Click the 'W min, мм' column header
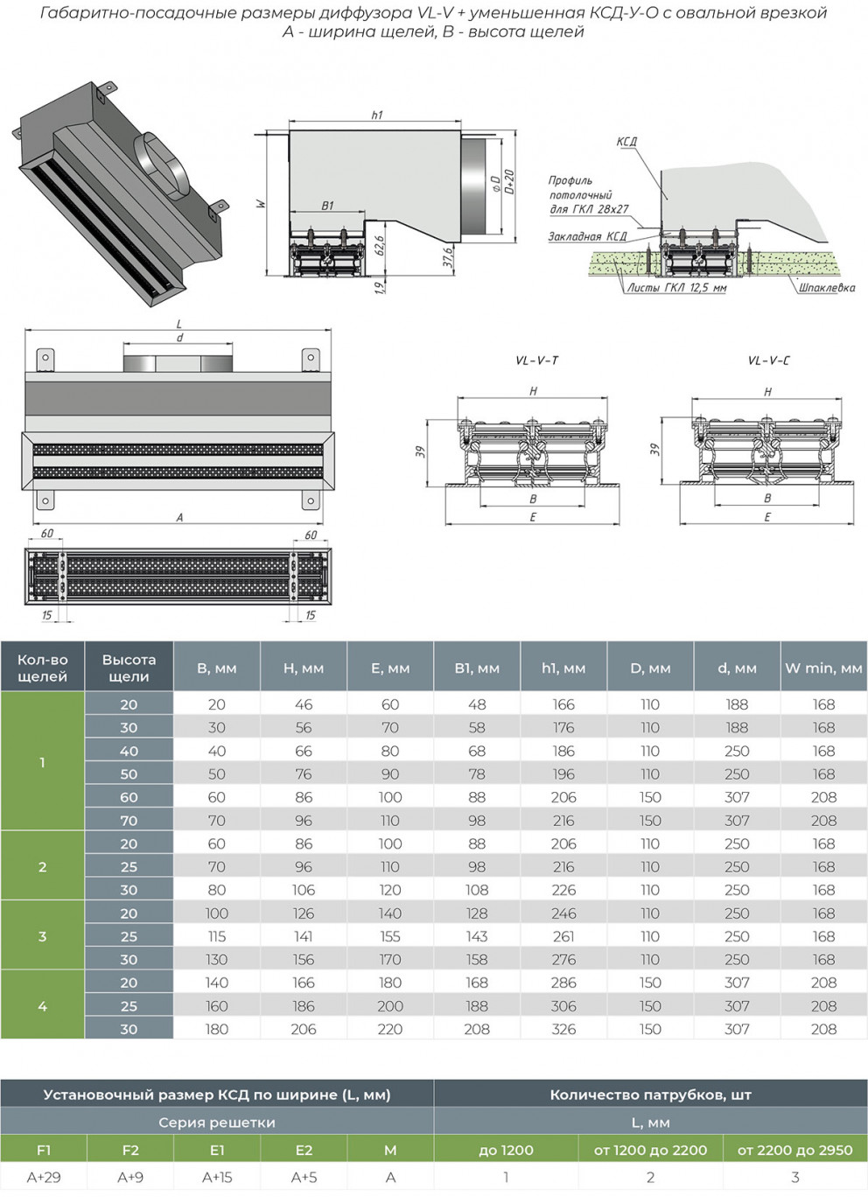point(823,668)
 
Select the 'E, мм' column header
point(390,668)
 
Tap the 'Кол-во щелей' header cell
point(42,668)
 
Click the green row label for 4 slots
point(42,1006)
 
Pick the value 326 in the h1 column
point(563,1029)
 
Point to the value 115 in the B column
point(217,936)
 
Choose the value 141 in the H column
point(304,936)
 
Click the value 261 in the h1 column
point(563,936)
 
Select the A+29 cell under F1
point(44,1177)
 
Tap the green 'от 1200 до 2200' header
point(650,1150)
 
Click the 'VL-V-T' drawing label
point(536,360)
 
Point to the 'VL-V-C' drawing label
point(768,360)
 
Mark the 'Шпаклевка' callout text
point(826,287)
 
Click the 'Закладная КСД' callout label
point(587,236)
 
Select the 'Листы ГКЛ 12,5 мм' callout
point(676,287)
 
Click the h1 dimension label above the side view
point(377,115)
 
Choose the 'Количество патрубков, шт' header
point(650,1095)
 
